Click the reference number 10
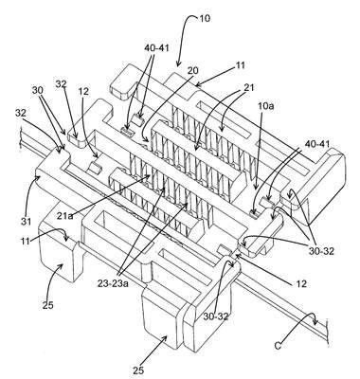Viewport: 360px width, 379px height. click(x=205, y=19)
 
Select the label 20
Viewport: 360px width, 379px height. click(x=192, y=71)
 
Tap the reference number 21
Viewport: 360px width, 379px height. click(x=249, y=87)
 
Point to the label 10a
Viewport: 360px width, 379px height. click(x=266, y=105)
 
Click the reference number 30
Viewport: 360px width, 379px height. click(x=38, y=90)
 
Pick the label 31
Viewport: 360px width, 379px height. click(x=27, y=222)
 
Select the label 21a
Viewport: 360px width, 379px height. click(x=65, y=216)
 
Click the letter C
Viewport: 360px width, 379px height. click(x=278, y=346)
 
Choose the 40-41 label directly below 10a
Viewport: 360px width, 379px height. click(x=317, y=144)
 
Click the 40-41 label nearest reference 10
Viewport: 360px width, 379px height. click(x=157, y=48)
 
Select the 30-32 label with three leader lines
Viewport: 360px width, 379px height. click(x=321, y=251)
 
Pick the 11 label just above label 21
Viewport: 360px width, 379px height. click(x=241, y=65)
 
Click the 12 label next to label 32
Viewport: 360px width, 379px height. click(x=84, y=91)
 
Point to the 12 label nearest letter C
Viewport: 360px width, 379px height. click(x=301, y=283)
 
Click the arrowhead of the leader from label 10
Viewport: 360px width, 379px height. click(x=178, y=65)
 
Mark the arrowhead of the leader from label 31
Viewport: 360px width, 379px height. click(x=39, y=177)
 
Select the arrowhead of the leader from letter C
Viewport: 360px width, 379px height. click(x=315, y=323)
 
